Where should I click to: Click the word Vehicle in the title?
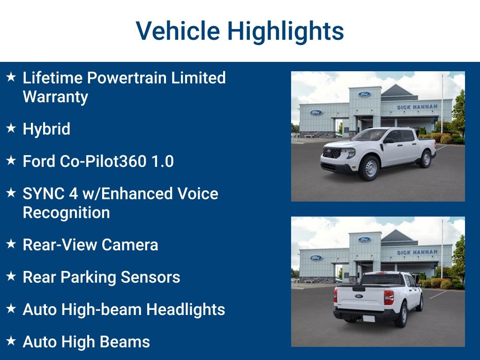click(178, 30)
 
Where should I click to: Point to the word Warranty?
click(55, 97)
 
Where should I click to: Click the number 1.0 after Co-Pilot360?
click(163, 161)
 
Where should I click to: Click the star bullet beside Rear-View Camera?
click(11, 244)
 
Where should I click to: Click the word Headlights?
click(186, 309)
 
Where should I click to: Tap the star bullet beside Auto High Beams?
click(11, 341)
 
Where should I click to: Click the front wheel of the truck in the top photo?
click(370, 168)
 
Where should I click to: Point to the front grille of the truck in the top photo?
click(332, 152)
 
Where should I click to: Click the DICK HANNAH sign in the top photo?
click(417, 107)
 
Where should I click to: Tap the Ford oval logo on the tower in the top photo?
click(364, 94)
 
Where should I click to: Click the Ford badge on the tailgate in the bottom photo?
click(359, 296)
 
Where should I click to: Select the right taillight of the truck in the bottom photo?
click(389, 298)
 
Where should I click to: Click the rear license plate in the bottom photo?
click(368, 319)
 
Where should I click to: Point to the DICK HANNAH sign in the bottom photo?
click(417, 252)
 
